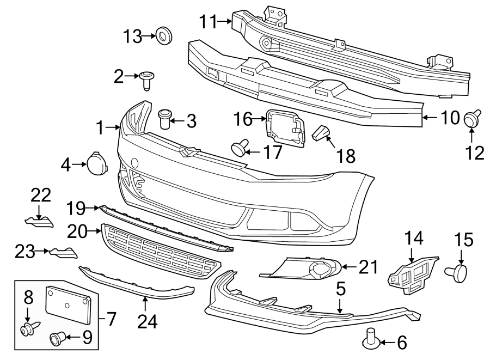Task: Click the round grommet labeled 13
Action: (164, 36)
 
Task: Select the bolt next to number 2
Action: (145, 80)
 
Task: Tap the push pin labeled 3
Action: (164, 118)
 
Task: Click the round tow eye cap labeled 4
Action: (96, 162)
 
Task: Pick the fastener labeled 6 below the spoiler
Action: (371, 340)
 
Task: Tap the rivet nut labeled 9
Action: (58, 339)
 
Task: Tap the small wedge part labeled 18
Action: (323, 132)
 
